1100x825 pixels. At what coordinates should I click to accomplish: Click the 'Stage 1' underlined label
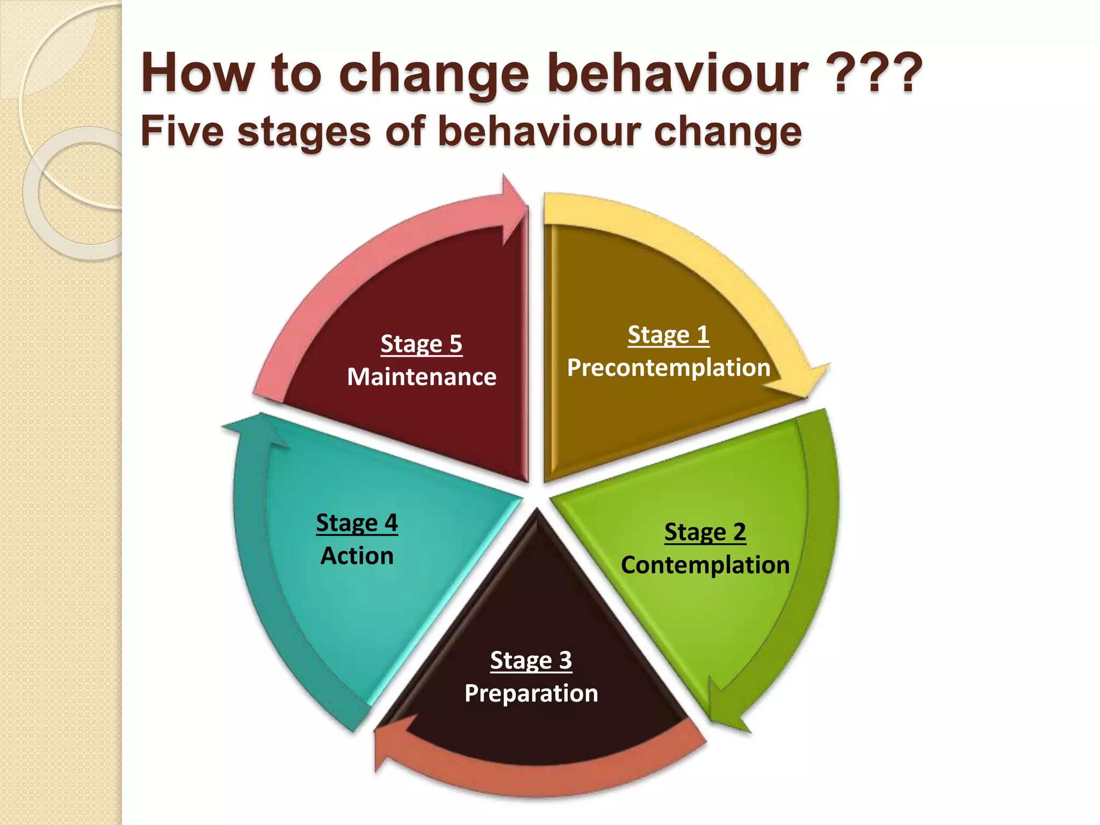668,335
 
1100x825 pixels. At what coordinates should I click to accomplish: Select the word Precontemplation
669,368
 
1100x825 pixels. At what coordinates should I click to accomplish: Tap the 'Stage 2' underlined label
705,532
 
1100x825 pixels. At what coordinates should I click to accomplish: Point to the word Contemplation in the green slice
705,565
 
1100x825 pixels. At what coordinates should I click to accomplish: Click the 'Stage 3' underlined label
531,660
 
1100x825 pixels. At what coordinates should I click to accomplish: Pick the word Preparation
531,693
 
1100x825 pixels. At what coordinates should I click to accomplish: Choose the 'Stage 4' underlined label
357,523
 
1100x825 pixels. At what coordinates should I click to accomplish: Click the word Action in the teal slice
357,556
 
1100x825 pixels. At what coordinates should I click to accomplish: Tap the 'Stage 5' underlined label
421,344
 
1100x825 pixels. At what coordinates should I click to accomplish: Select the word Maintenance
422,377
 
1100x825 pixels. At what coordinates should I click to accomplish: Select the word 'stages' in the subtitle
304,132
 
